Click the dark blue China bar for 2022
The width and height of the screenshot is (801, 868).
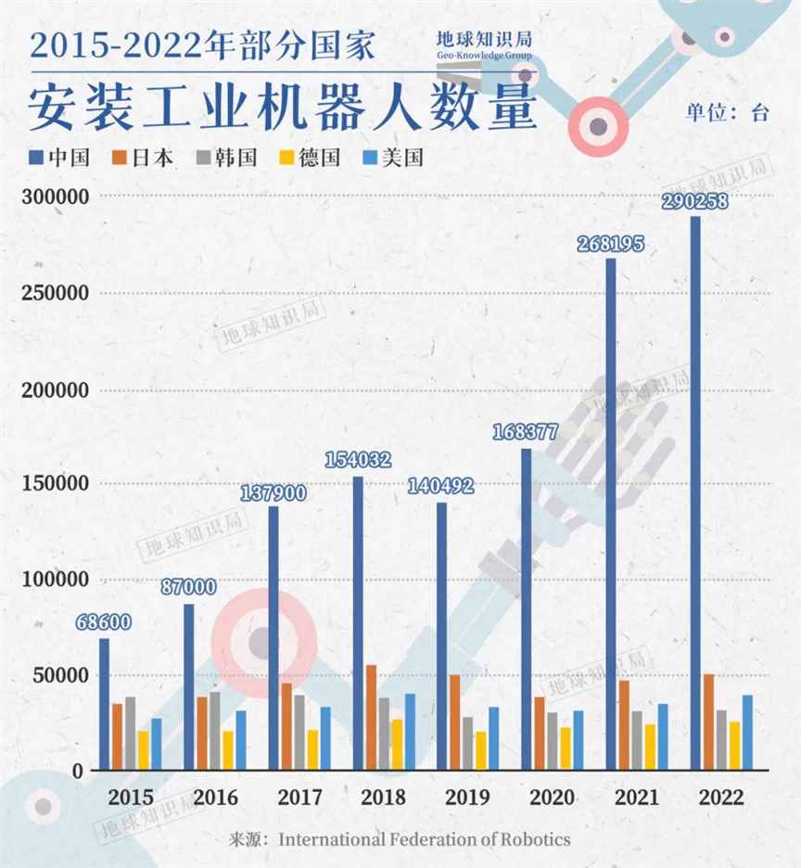point(695,491)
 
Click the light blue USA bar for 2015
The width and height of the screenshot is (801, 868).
point(157,743)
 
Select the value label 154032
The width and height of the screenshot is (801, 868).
point(358,460)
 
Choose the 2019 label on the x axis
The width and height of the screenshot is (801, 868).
point(467,797)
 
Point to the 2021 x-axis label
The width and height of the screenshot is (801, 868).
point(637,797)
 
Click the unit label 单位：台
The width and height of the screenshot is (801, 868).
point(727,113)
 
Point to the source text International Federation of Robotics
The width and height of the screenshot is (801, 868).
point(425,839)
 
